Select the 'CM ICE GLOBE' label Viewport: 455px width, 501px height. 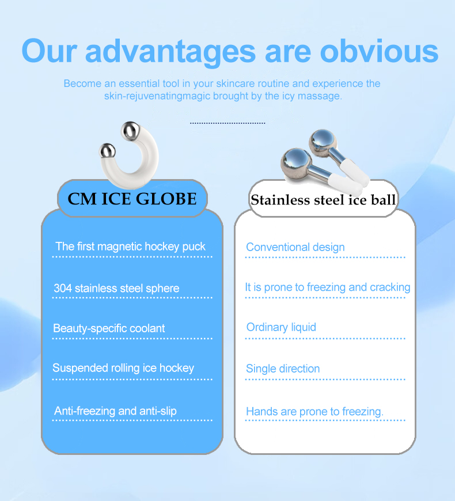[132, 199]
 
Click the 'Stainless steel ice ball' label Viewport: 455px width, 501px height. [323, 200]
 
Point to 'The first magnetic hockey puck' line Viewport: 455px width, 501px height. [130, 246]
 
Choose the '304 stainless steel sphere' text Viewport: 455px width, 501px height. [116, 288]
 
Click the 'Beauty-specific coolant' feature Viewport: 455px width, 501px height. [109, 328]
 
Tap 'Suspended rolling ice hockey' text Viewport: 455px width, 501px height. [123, 368]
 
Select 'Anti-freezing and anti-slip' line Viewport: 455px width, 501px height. [115, 411]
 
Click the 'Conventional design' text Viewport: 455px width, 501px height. [295, 247]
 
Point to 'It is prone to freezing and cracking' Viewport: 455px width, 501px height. [327, 287]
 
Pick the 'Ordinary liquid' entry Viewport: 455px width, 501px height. [281, 327]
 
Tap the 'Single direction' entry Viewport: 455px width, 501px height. [282, 369]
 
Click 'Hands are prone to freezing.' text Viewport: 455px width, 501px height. [314, 411]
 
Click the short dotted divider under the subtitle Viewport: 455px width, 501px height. [227, 123]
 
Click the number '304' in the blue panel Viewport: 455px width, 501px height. [62, 288]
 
